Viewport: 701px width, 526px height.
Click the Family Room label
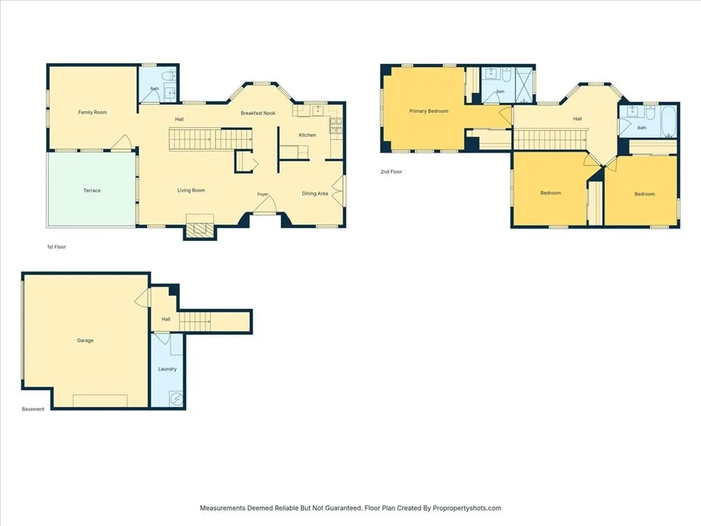[x=92, y=112]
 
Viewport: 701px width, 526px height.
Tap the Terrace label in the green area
[x=92, y=190]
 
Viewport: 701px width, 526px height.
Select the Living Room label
[x=191, y=190]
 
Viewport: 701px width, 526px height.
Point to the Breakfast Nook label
[x=258, y=113]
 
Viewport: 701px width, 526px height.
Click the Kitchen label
[x=307, y=135]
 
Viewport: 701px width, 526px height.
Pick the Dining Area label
[x=315, y=194]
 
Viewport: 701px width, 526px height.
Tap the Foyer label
[x=263, y=195]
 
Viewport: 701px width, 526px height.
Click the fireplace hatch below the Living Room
[x=200, y=230]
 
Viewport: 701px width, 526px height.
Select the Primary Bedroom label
[x=429, y=111]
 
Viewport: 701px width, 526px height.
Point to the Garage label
[x=85, y=340]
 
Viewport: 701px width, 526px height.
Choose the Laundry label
[x=167, y=369]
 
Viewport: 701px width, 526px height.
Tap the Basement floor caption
[x=33, y=410]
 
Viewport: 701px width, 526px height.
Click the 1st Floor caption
[x=57, y=247]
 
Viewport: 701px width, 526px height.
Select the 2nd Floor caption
[x=391, y=172]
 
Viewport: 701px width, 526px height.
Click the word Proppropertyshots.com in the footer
[x=467, y=508]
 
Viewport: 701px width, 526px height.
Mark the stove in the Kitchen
[x=336, y=126]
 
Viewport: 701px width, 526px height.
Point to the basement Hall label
[x=166, y=319]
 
